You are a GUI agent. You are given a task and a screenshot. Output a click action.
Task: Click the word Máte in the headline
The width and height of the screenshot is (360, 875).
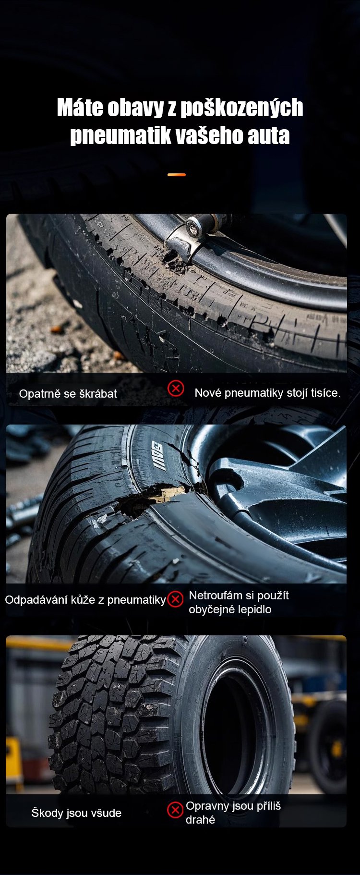(x=80, y=108)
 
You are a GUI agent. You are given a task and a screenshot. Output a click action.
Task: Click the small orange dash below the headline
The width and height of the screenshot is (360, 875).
(x=177, y=175)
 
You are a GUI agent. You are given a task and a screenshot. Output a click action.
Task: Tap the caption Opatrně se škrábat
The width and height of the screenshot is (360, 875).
(x=68, y=394)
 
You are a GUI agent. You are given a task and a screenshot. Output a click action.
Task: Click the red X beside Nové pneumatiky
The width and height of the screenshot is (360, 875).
(x=176, y=388)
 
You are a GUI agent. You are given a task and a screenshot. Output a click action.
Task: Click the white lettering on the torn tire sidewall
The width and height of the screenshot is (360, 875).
(x=159, y=455)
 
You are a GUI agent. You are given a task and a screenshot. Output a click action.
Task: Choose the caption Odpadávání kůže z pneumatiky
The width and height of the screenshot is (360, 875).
(x=85, y=600)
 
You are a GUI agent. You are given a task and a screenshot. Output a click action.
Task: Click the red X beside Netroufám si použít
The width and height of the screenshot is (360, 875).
(x=175, y=599)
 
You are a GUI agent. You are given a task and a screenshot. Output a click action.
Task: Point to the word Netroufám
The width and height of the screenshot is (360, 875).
(x=216, y=595)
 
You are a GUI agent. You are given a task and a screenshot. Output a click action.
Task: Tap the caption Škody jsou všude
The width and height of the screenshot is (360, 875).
(x=76, y=813)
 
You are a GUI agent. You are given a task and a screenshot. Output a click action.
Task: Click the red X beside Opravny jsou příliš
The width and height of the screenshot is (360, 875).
(x=175, y=810)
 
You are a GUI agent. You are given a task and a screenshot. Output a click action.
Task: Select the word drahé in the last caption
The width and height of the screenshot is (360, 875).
(x=201, y=820)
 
